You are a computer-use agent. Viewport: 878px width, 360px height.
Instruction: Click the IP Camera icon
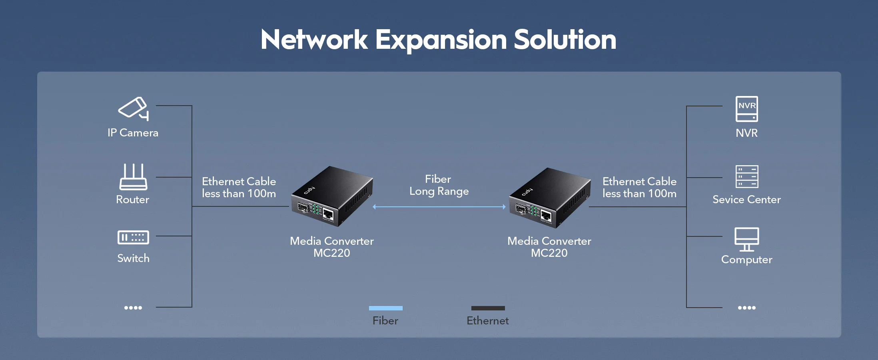coord(134,108)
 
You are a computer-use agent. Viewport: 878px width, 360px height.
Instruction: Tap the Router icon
coord(133,177)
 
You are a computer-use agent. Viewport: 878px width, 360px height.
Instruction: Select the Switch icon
coord(133,237)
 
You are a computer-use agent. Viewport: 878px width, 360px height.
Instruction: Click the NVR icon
coord(746,109)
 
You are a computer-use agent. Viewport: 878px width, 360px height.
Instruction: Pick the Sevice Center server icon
coord(746,176)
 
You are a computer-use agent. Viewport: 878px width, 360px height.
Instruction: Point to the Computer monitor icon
coord(746,239)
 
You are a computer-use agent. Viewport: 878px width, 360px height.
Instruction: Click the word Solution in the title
coord(565,40)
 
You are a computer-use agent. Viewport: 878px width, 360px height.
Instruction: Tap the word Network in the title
coord(314,40)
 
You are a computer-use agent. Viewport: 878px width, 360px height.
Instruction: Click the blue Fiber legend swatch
coord(385,308)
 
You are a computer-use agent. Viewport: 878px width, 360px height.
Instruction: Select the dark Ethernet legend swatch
coord(488,308)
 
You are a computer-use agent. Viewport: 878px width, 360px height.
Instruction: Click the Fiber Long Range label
coord(439,185)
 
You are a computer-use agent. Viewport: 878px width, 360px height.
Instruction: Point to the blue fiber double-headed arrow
coord(439,207)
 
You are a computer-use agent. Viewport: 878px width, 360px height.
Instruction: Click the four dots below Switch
coord(133,308)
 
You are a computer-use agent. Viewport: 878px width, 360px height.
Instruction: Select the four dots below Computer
coord(746,308)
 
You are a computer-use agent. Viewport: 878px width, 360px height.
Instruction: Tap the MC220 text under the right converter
coord(549,253)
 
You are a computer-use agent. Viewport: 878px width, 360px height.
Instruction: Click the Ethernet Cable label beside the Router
coord(239,187)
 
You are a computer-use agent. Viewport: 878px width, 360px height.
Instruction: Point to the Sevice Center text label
coord(746,200)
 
